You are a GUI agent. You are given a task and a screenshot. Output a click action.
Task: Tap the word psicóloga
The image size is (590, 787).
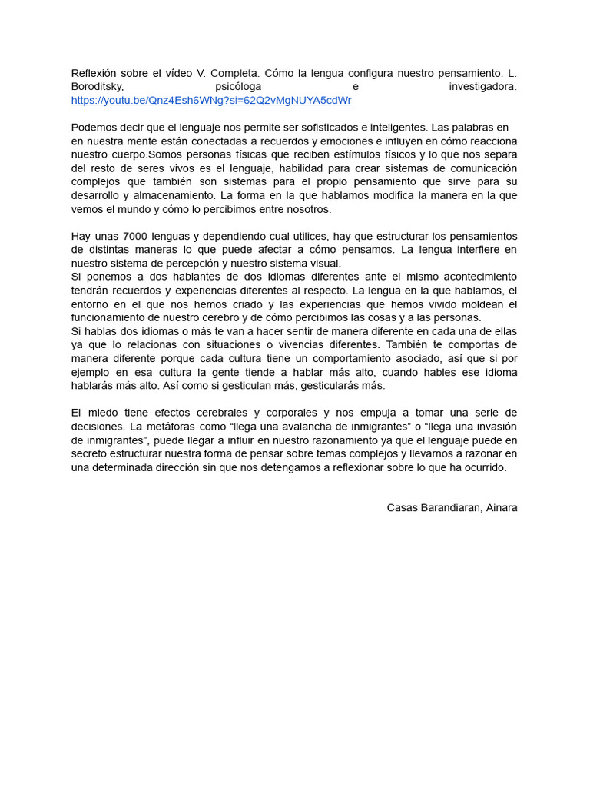pos(238,87)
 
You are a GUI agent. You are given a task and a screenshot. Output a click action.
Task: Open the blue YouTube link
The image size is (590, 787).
pos(211,101)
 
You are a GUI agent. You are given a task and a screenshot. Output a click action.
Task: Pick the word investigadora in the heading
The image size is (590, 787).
pos(482,87)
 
